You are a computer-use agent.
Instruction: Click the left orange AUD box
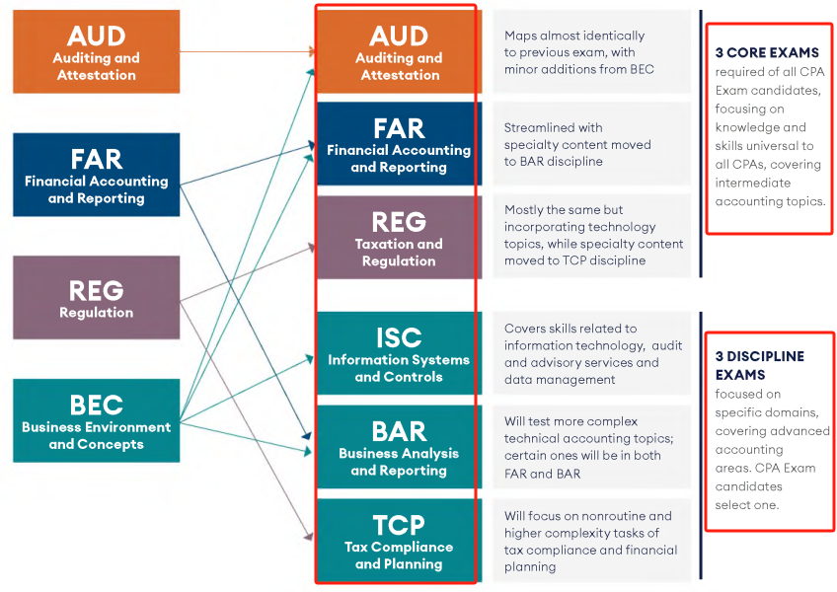tap(96, 51)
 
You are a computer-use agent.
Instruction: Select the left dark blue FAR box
tap(96, 175)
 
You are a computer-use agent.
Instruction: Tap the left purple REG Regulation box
tap(96, 297)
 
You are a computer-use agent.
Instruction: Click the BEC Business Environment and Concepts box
tap(96, 420)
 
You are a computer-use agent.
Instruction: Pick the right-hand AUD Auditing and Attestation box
tap(399, 51)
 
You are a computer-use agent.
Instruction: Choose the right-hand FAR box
tap(399, 144)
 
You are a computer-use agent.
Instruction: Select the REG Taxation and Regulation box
tap(399, 237)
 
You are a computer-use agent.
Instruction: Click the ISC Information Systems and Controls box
tap(399, 353)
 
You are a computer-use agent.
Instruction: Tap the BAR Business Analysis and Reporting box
tap(399, 447)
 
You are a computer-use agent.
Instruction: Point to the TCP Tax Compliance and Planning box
tap(399, 540)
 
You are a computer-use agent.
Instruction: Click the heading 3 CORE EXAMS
tap(767, 52)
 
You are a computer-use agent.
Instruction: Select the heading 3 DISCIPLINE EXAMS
tap(759, 365)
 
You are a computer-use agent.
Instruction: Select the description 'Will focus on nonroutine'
tap(590, 540)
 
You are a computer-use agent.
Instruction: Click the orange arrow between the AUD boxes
tap(247, 51)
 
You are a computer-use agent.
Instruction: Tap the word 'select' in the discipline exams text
tap(733, 505)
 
